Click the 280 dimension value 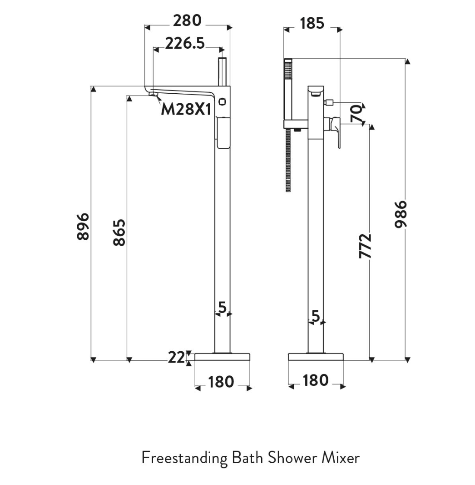coord(187,21)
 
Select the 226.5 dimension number coord(184,44)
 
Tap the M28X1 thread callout coord(186,109)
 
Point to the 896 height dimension coord(83,226)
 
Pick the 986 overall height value coord(401,214)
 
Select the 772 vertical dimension coord(365,246)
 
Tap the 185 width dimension coord(312,23)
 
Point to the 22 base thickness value coord(177,358)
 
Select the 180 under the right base coord(315,380)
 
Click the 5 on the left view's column coord(222,308)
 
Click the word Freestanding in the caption coord(184,458)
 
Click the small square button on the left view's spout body coord(222,101)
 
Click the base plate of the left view coord(223,357)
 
